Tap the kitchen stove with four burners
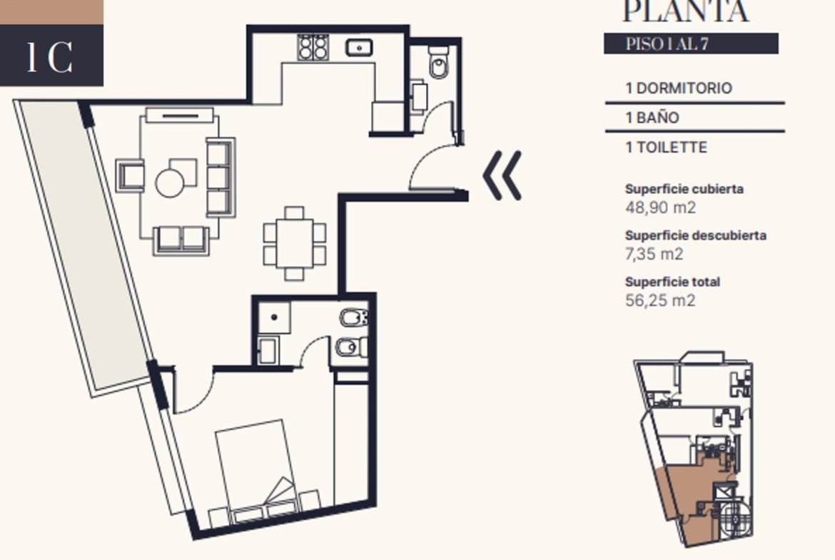[312, 47]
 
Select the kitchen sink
[360, 48]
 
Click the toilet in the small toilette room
[439, 62]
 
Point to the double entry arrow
[502, 175]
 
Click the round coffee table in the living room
[169, 182]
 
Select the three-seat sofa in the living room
[221, 177]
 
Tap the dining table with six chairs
[295, 244]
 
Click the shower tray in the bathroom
[274, 317]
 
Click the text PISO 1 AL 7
[667, 44]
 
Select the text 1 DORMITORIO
[679, 88]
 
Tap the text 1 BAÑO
[652, 117]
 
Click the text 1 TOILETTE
[666, 147]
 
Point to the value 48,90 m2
[660, 207]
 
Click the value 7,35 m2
[654, 254]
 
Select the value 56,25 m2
[660, 300]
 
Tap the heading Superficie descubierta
[696, 235]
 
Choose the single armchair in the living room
[130, 175]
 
